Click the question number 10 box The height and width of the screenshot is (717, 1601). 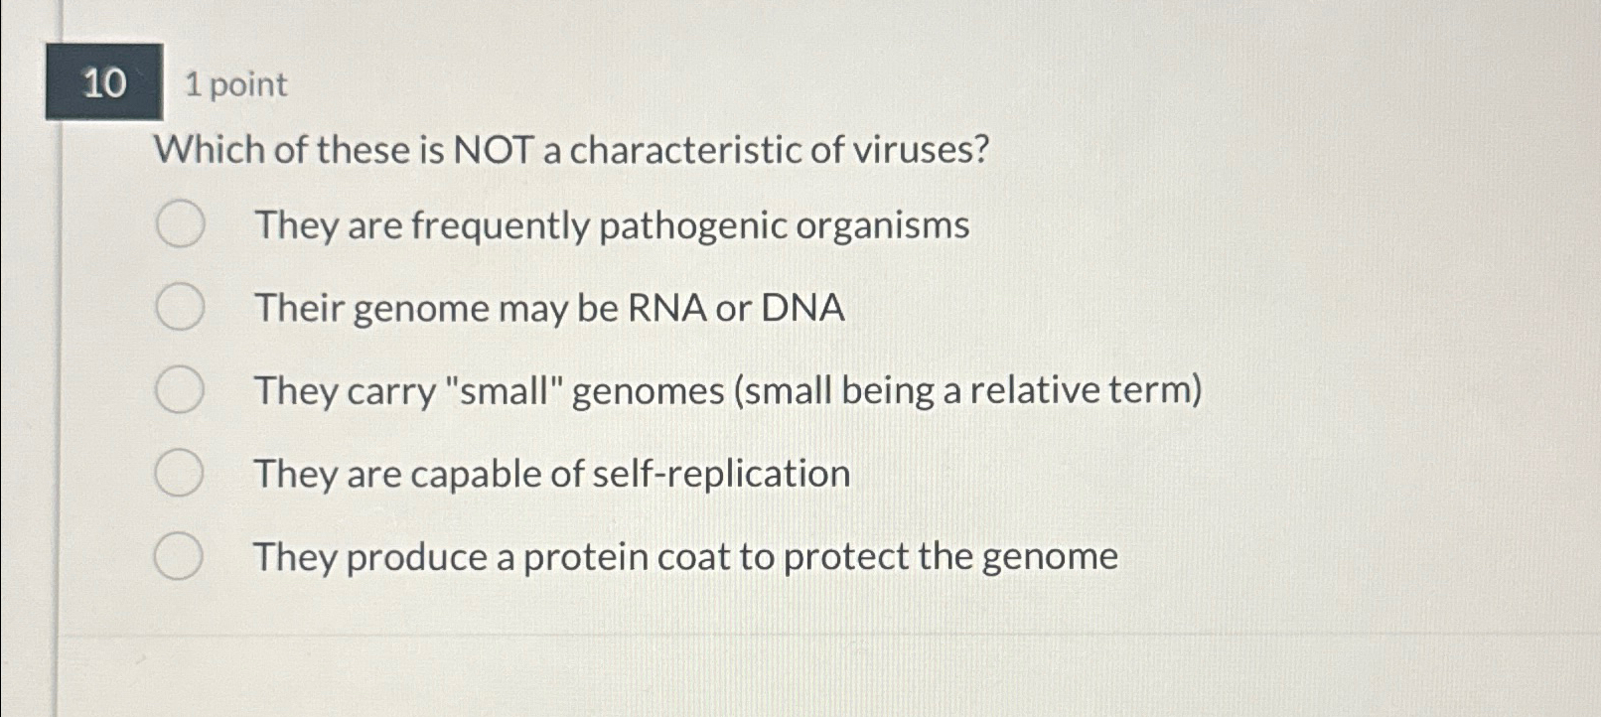(x=104, y=82)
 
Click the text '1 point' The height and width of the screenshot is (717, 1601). (x=235, y=84)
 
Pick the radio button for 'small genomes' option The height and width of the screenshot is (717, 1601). (x=180, y=389)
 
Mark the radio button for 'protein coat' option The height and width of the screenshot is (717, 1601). (x=179, y=555)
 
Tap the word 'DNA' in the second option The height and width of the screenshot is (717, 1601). (x=802, y=308)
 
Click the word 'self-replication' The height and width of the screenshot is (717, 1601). (x=720, y=474)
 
